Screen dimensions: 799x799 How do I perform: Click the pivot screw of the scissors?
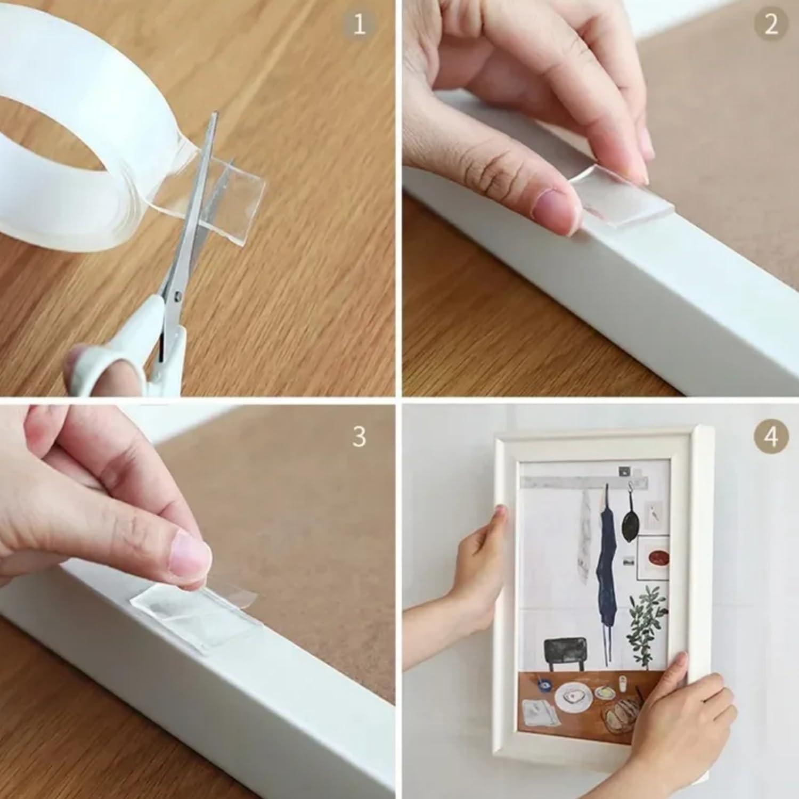(177, 294)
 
